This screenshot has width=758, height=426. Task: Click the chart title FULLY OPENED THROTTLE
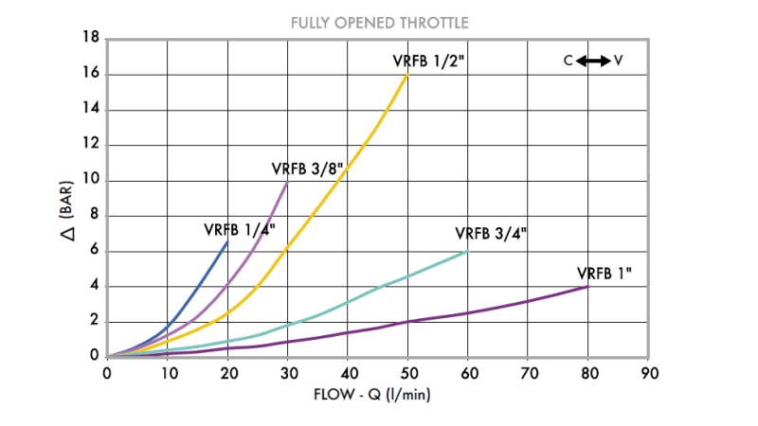[x=379, y=22]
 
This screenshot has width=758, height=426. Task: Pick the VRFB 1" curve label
[x=605, y=274]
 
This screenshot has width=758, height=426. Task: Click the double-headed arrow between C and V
[x=593, y=61]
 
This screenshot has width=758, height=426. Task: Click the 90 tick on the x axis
[x=647, y=373]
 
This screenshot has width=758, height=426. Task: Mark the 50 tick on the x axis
[x=407, y=373]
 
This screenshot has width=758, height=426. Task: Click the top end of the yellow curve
[x=407, y=75]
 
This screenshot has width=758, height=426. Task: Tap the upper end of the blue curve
[x=227, y=241]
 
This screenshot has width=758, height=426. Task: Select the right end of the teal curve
[x=467, y=251]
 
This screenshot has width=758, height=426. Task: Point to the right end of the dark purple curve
[x=587, y=286]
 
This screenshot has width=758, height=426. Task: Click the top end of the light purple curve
[x=287, y=181]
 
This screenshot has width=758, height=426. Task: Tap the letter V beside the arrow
[x=618, y=61]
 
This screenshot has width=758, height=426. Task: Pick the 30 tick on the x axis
[x=287, y=373]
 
